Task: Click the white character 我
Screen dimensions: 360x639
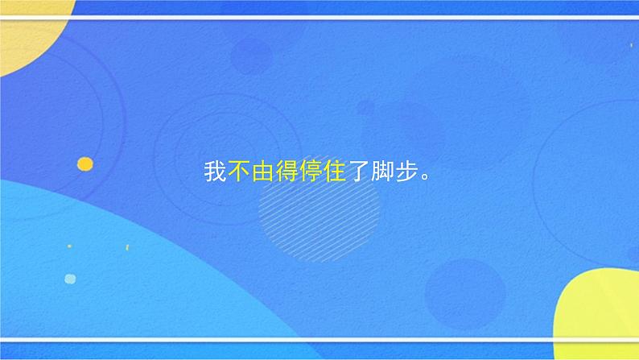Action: (215, 173)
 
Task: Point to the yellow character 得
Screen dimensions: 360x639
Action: (287, 173)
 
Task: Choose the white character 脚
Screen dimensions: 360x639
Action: (381, 173)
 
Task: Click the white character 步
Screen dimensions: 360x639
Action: (405, 173)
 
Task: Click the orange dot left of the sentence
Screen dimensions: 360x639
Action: (85, 163)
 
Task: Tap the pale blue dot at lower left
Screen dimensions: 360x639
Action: (70, 279)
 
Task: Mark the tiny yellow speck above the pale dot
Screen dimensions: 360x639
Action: (69, 246)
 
